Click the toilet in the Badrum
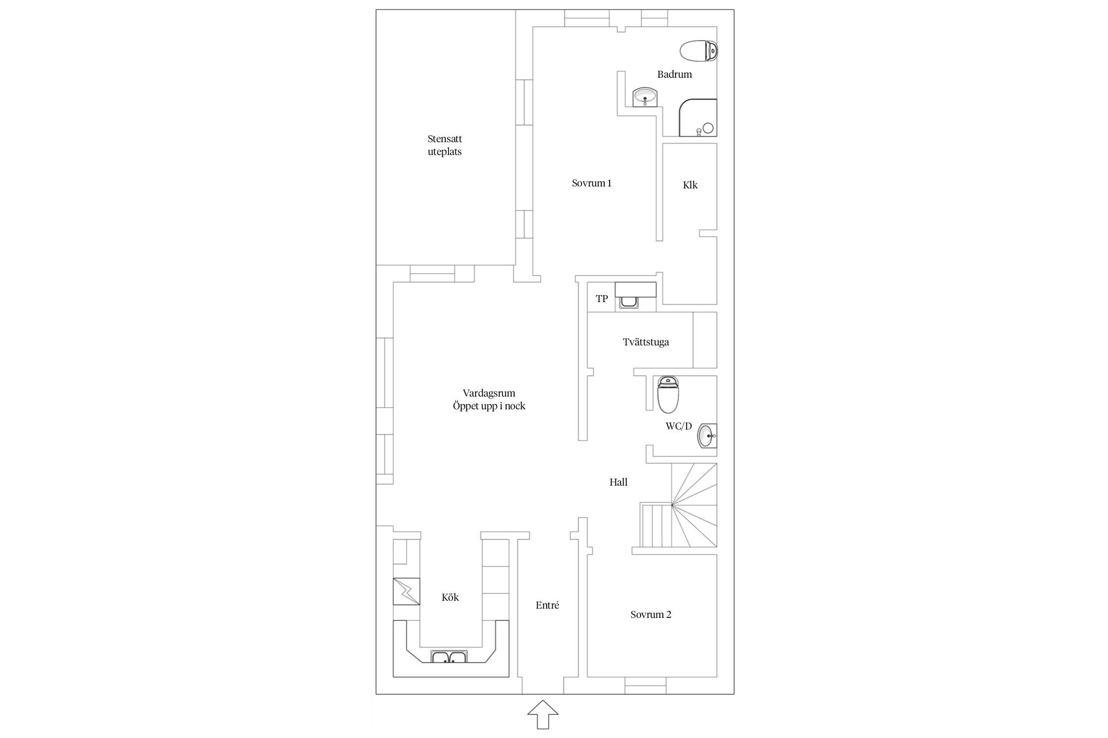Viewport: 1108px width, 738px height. (699, 51)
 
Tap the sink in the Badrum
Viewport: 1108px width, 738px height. (645, 97)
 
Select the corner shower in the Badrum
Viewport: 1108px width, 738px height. (698, 118)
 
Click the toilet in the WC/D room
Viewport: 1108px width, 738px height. (668, 394)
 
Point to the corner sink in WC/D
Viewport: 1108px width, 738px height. (708, 436)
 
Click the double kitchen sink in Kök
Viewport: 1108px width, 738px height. (449, 656)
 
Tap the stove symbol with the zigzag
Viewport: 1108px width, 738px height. (406, 591)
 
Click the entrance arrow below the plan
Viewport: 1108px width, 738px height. (543, 714)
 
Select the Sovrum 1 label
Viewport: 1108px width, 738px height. (591, 184)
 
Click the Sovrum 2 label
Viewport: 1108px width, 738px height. (651, 615)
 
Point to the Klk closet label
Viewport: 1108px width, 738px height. (690, 185)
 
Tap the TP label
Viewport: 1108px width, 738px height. (602, 299)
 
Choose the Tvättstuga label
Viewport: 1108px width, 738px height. (646, 342)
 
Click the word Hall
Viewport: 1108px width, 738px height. (619, 482)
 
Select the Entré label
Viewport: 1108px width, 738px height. (547, 606)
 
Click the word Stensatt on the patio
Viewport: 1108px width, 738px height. (445, 139)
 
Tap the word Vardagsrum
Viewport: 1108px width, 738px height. (489, 394)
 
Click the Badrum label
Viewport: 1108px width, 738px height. (675, 74)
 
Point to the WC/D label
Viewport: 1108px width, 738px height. (679, 427)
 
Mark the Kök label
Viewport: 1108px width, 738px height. (450, 597)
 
